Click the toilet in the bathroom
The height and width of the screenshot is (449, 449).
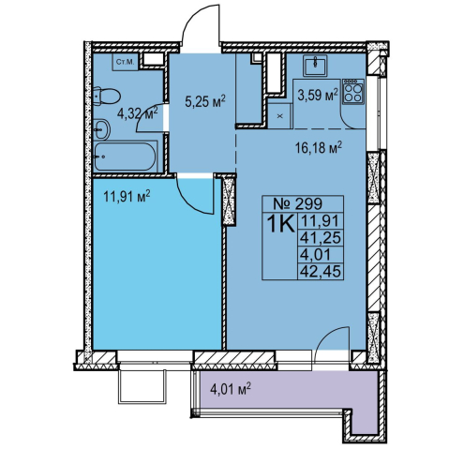pyautogui.click(x=106, y=97)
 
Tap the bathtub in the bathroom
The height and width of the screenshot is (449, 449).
pyautogui.click(x=125, y=157)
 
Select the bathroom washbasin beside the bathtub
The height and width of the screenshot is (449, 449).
pyautogui.click(x=101, y=129)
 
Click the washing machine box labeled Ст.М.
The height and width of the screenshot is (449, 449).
pyautogui.click(x=125, y=62)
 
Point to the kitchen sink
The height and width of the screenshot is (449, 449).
pyautogui.click(x=315, y=66)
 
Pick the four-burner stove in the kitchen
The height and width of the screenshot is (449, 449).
pyautogui.click(x=353, y=91)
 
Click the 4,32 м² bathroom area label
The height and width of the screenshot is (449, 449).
pyautogui.click(x=138, y=113)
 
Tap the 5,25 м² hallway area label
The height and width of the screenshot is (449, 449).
pyautogui.click(x=205, y=101)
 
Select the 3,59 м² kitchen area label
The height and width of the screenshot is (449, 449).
pyautogui.click(x=318, y=96)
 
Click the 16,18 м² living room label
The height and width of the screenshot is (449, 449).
pyautogui.click(x=319, y=147)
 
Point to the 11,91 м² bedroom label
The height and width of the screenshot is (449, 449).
pyautogui.click(x=127, y=197)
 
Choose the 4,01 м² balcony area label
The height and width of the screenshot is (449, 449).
pyautogui.click(x=232, y=389)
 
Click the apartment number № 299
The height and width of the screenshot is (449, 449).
pyautogui.click(x=297, y=203)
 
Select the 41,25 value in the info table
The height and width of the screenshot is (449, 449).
pyautogui.click(x=320, y=238)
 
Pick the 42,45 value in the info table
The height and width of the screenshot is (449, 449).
pyautogui.click(x=320, y=271)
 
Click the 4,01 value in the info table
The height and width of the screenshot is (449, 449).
pyautogui.click(x=315, y=255)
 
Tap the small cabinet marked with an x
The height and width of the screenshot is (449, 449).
pyautogui.click(x=279, y=116)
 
